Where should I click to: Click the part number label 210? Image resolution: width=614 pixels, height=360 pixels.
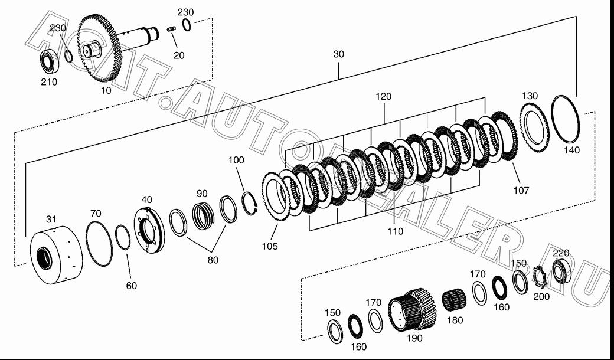pos(50,82)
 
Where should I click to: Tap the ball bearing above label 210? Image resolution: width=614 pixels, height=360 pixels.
pos(50,61)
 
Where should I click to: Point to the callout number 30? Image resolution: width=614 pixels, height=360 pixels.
pos(339,54)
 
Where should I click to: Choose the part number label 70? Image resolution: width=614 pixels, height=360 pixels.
pos(96,214)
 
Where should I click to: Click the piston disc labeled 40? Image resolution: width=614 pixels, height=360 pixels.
pos(149,230)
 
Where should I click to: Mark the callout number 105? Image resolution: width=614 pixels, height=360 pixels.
pos(270,246)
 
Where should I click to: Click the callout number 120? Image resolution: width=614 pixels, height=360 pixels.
pos(383,97)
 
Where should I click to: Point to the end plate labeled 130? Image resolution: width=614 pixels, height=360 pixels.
pos(535,128)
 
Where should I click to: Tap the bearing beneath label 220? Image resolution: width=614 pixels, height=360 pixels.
pos(562,272)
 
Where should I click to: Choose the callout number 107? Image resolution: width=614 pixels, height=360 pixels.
pos(521,191)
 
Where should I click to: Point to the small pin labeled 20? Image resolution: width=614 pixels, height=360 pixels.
pos(171,30)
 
